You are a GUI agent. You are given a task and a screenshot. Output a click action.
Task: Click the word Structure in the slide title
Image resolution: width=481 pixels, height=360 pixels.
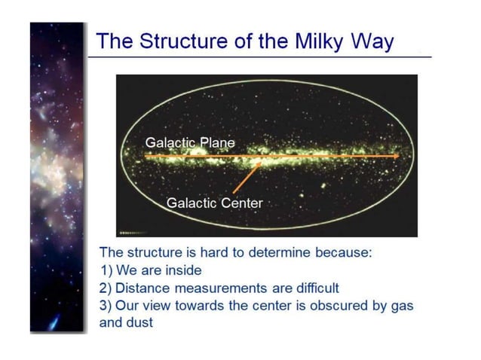click(x=176, y=41)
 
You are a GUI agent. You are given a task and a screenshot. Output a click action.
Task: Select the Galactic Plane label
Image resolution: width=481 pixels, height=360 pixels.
click(x=190, y=142)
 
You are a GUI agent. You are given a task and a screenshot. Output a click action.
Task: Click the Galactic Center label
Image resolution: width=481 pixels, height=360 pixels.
click(x=214, y=203)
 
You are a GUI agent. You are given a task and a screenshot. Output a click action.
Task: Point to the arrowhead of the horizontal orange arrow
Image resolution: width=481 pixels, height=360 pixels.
click(x=395, y=156)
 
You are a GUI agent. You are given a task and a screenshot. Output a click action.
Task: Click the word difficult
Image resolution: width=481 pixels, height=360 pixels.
click(x=312, y=288)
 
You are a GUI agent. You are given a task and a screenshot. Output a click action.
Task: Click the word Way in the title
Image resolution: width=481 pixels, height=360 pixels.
click(x=373, y=41)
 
